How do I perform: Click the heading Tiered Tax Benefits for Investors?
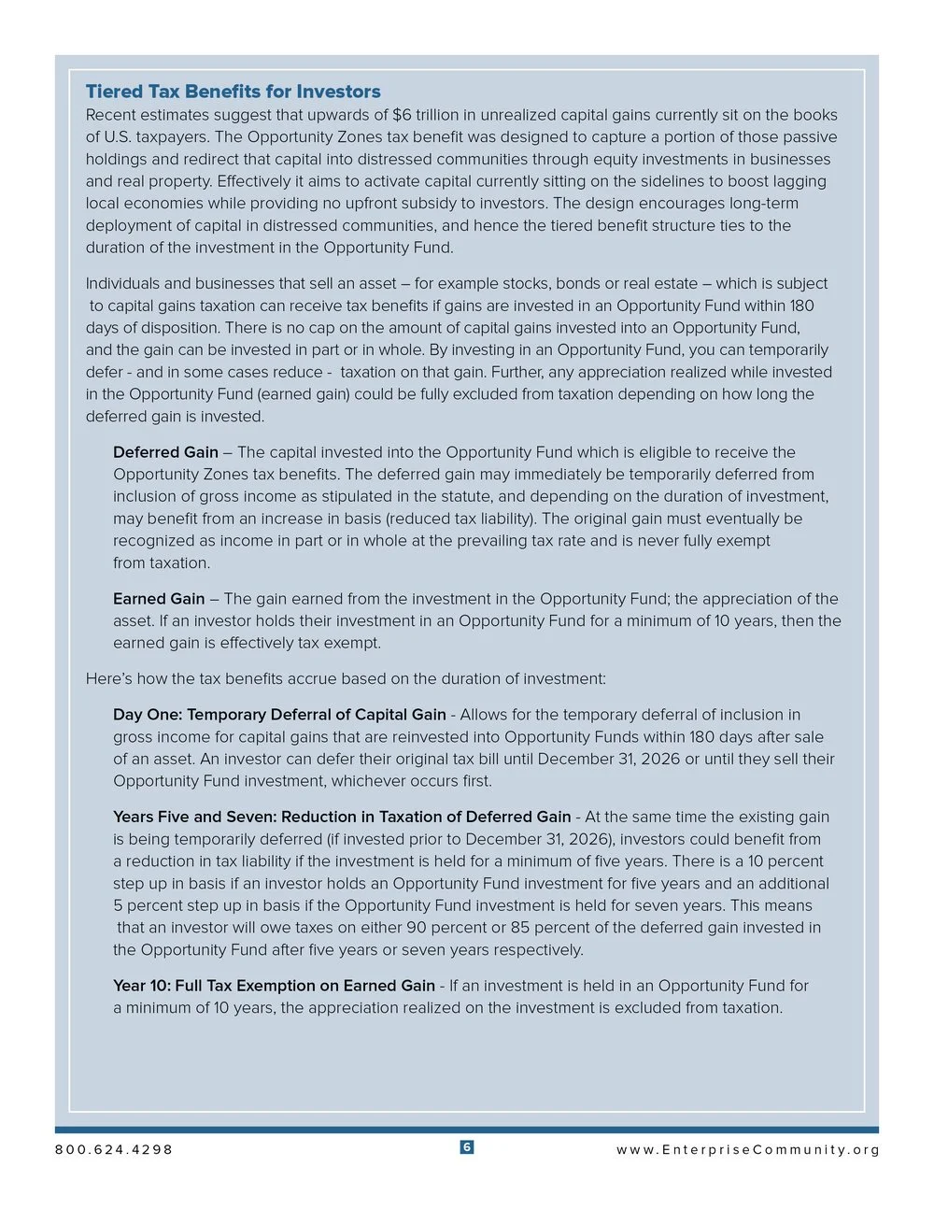tap(233, 92)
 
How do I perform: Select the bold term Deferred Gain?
tap(165, 452)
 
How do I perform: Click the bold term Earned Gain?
tap(159, 599)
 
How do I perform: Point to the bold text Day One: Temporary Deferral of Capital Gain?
tap(279, 715)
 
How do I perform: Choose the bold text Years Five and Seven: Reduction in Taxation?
tap(342, 817)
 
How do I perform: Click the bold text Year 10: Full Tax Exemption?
tap(274, 986)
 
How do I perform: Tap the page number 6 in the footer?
tap(467, 1147)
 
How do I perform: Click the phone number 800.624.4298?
tap(114, 1150)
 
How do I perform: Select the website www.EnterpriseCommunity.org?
tap(747, 1150)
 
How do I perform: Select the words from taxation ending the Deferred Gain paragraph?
tap(162, 562)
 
